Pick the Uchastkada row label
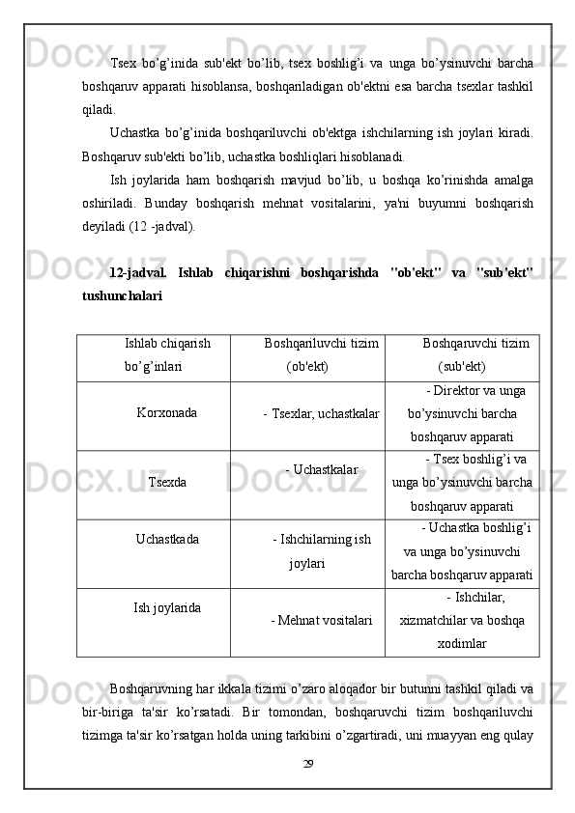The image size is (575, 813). coord(168,539)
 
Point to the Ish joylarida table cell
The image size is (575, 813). coord(167,607)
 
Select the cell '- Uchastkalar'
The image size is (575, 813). coord(322,469)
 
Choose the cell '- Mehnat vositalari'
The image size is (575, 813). coord(322,619)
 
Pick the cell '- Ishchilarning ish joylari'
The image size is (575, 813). coord(322,550)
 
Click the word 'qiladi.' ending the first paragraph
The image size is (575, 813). coord(98,110)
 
